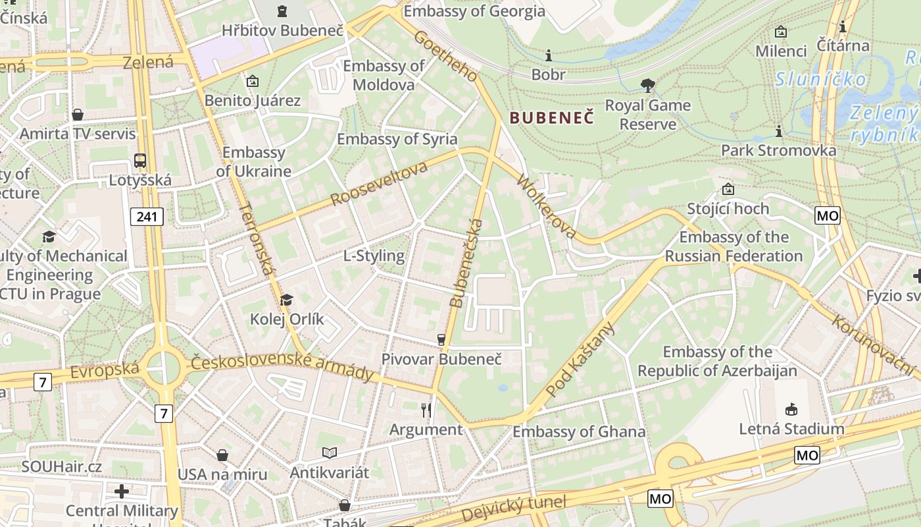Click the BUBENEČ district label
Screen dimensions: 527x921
tap(551, 118)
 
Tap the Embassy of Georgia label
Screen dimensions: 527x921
tap(474, 11)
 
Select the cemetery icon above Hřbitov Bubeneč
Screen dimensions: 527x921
tap(282, 11)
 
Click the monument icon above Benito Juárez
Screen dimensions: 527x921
tap(252, 82)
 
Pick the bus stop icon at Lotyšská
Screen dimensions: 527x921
tap(140, 160)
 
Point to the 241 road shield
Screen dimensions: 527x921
tap(146, 216)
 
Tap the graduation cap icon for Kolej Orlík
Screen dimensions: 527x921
tap(286, 300)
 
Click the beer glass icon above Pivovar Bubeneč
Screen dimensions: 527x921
tap(441, 340)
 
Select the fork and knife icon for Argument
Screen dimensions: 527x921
tap(426, 410)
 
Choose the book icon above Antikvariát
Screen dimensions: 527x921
tap(330, 453)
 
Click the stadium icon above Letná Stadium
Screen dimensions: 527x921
tap(791, 410)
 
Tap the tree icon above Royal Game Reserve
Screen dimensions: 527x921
tap(648, 85)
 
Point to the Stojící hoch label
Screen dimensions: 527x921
tap(728, 209)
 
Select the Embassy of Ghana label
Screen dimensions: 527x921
tap(579, 431)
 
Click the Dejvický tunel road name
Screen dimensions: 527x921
tap(513, 509)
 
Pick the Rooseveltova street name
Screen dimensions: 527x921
tap(379, 182)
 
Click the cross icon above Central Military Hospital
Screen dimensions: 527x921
tap(122, 491)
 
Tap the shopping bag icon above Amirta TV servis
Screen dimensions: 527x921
tap(78, 115)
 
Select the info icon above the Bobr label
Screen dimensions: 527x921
tap(549, 55)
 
